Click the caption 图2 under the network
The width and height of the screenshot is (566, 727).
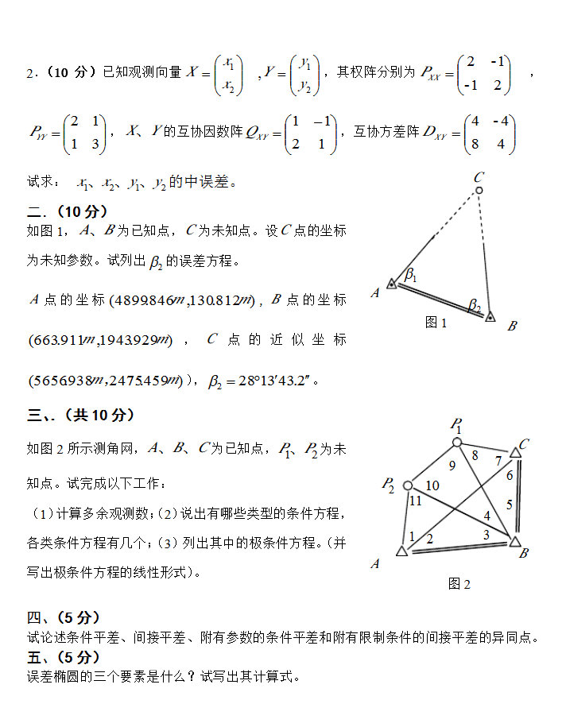coord(459,584)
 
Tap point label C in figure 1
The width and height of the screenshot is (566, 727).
coord(479,176)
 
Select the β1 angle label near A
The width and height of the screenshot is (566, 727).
coord(411,275)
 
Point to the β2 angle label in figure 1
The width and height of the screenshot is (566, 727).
coord(474,304)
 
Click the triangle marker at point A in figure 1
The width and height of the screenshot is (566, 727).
coord(392,284)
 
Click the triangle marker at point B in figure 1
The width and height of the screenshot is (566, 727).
coord(490,316)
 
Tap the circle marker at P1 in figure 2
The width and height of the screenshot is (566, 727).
coord(457,443)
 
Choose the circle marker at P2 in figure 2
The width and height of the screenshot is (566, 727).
coord(407,485)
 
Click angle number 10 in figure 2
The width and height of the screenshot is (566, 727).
coord(432,485)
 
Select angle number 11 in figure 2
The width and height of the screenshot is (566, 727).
coord(415,501)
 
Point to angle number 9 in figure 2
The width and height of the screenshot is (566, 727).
coord(452,466)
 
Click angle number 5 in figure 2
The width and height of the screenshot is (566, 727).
coord(509,505)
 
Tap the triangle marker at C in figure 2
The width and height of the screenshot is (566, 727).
coord(515,452)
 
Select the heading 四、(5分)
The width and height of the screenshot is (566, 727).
coord(64,617)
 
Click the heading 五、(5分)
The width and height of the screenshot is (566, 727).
coord(64,657)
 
